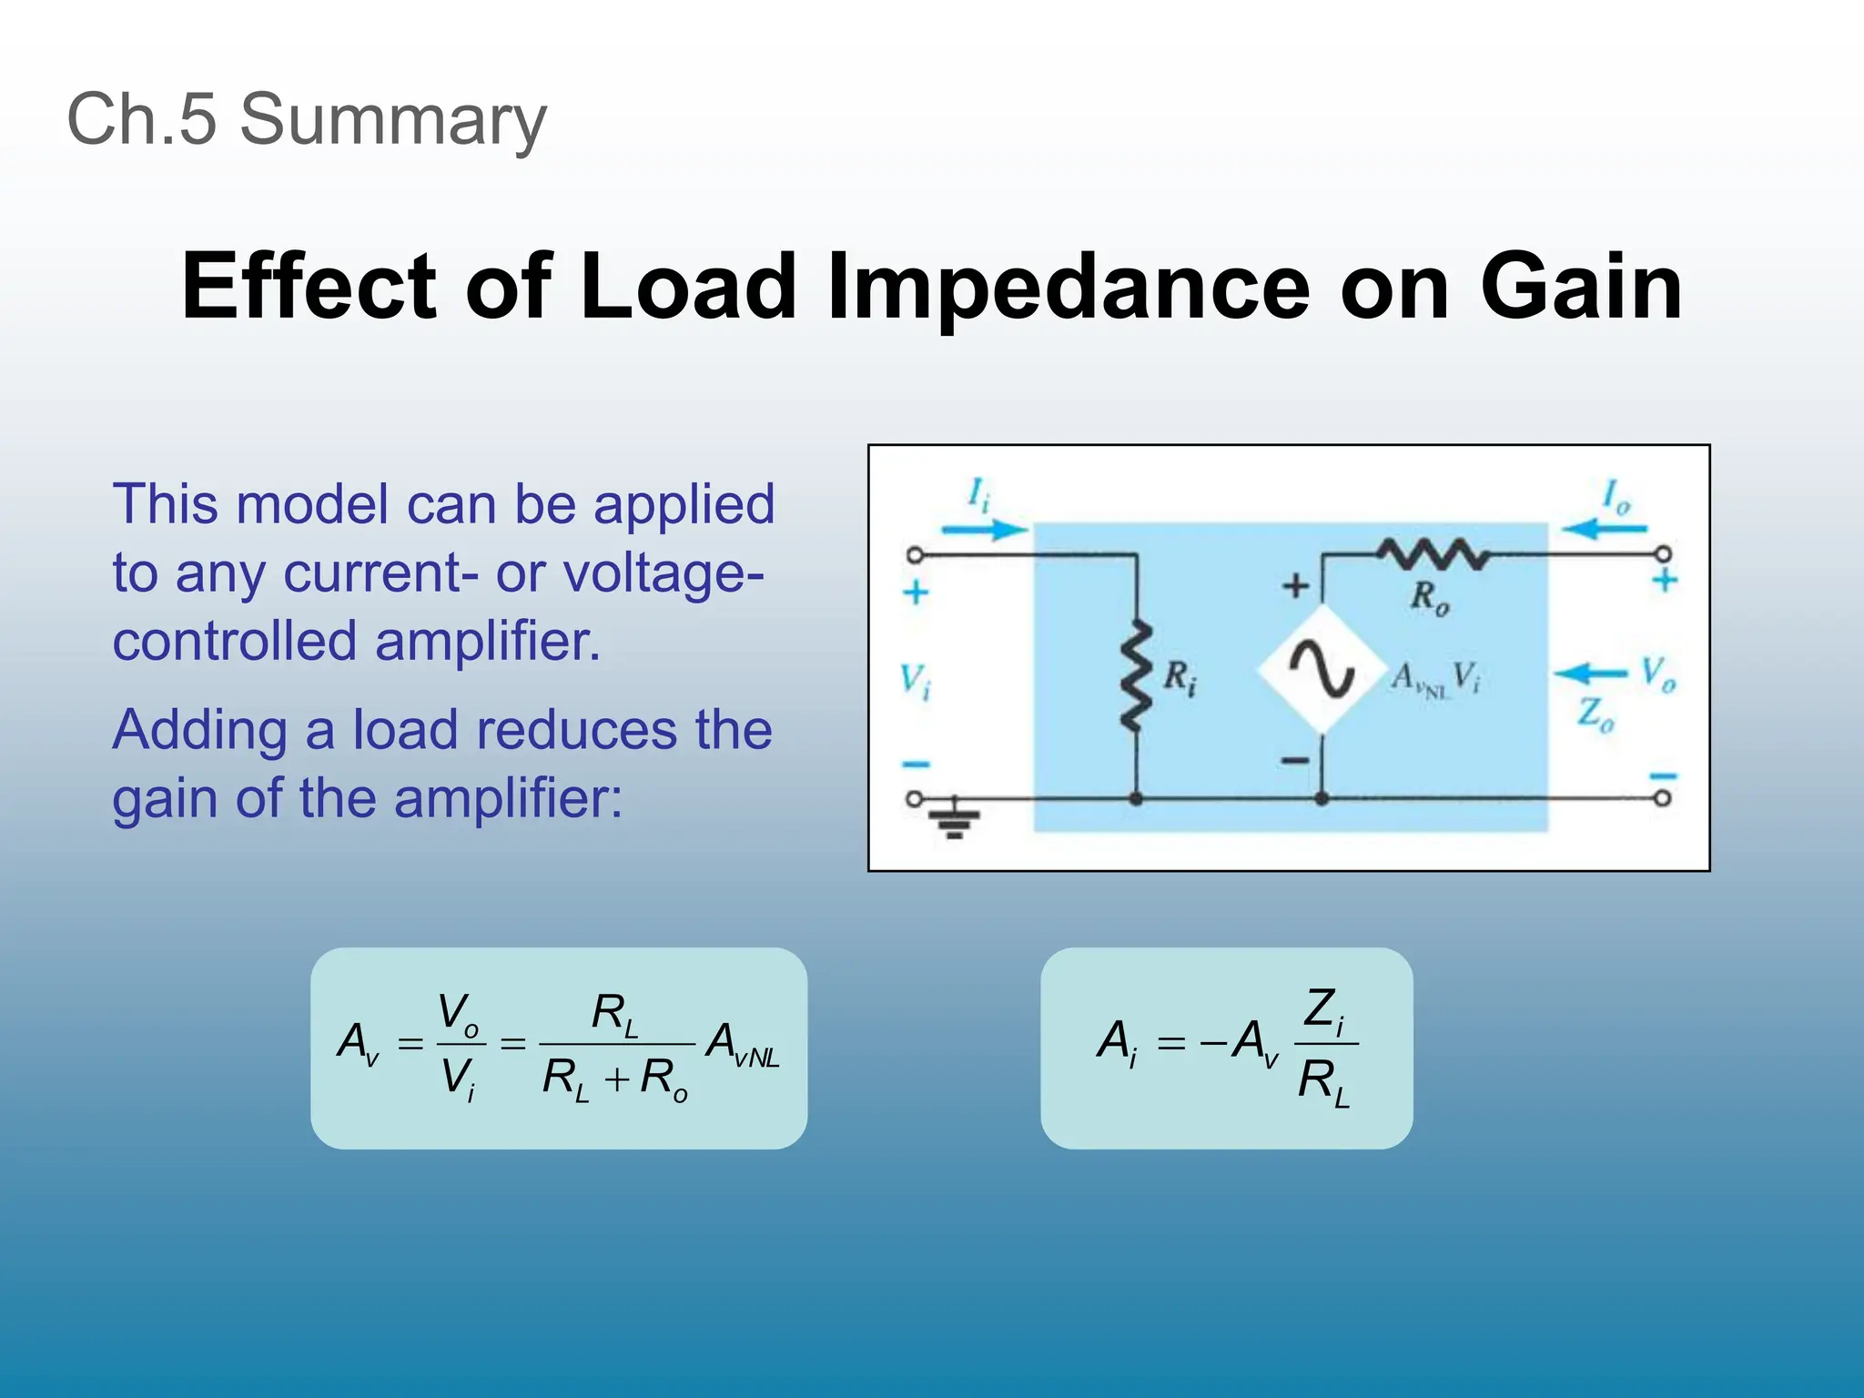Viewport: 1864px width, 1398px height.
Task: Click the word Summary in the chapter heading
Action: tap(392, 119)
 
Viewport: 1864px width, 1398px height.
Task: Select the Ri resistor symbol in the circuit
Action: tap(1136, 677)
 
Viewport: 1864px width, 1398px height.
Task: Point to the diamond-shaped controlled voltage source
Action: tap(1321, 669)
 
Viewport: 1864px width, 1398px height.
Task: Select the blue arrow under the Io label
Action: tap(1605, 529)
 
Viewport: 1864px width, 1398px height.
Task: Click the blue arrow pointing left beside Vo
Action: tap(1589, 674)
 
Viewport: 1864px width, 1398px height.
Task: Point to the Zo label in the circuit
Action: tap(1596, 714)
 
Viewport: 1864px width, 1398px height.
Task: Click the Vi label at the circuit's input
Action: tap(915, 681)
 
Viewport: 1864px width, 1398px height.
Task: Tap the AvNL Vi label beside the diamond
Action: tap(1434, 678)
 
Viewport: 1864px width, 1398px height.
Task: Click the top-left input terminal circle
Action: tap(915, 554)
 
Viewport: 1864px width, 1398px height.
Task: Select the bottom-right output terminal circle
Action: tap(1662, 798)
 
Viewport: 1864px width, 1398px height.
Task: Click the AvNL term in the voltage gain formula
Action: tap(742, 1043)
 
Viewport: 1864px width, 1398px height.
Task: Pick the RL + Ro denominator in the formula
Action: tap(614, 1080)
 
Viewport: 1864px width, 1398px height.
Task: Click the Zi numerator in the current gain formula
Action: tap(1324, 1010)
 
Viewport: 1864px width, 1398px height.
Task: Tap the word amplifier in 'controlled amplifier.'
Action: tap(488, 641)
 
